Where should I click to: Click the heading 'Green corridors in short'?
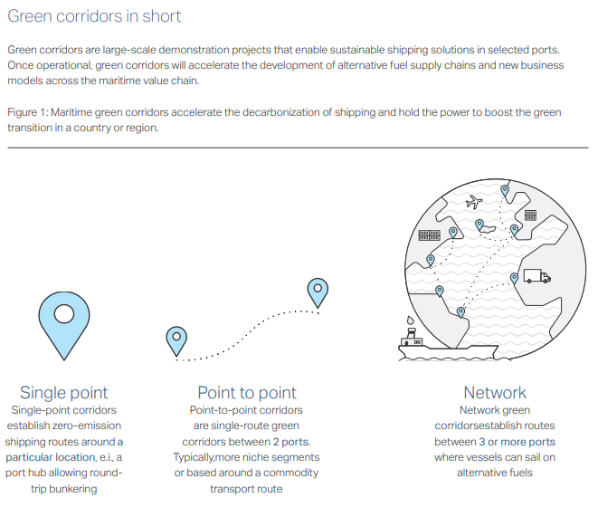[x=94, y=16]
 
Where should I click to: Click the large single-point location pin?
[x=64, y=324]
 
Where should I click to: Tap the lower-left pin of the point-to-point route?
[x=176, y=341]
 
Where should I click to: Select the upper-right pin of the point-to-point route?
[x=318, y=292]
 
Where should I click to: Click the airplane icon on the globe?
[x=474, y=202]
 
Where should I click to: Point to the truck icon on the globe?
[x=537, y=276]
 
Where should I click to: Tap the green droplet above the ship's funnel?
[x=410, y=320]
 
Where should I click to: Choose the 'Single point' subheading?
[x=63, y=392]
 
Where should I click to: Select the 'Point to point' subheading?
[x=247, y=392]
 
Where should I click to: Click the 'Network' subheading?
[x=495, y=392]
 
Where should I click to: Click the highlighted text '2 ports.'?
[x=291, y=442]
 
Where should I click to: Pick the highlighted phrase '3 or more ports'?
[x=517, y=442]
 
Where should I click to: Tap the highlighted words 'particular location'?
[x=51, y=457]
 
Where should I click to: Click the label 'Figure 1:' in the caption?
[x=28, y=112]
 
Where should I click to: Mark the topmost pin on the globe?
[x=505, y=190]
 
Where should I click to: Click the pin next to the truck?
[x=514, y=278]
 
